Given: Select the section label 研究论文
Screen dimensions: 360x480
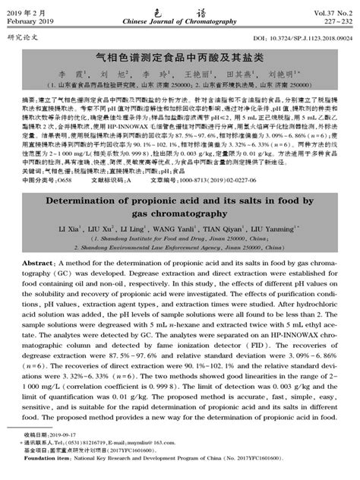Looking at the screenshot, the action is click(x=22, y=35).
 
